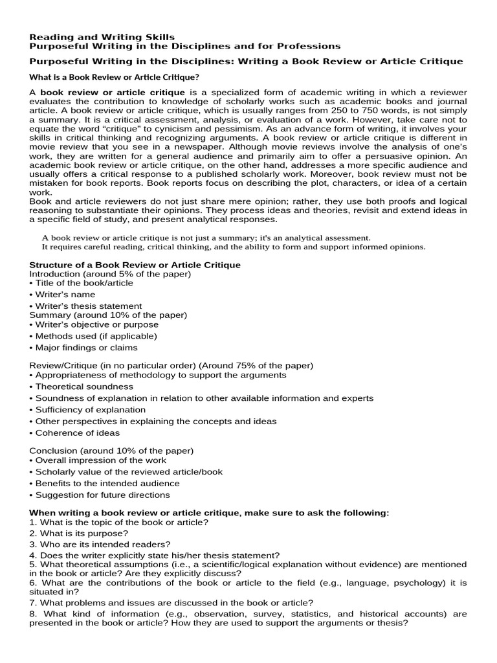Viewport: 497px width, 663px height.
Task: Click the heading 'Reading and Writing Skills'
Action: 102,37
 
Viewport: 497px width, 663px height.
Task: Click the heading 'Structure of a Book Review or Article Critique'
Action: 135,265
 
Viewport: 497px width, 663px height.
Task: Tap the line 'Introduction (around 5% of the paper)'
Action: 110,274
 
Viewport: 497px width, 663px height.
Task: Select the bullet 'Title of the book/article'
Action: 83,283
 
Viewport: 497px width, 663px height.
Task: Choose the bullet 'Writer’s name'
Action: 65,295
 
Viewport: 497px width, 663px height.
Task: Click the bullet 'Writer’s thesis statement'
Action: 87,306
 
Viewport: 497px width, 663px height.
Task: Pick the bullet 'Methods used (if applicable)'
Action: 94,336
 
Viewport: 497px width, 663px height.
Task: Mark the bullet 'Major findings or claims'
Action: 85,348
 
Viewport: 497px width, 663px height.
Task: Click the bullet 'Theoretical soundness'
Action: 83,387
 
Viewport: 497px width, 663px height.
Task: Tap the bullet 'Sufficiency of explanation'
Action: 89,410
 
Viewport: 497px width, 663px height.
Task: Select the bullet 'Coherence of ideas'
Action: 76,433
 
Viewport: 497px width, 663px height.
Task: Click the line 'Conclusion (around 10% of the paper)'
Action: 111,451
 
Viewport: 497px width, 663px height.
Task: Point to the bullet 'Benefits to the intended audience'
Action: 106,483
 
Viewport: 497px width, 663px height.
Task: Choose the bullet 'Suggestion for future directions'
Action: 102,495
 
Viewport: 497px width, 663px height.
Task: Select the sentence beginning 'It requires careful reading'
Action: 234,247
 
